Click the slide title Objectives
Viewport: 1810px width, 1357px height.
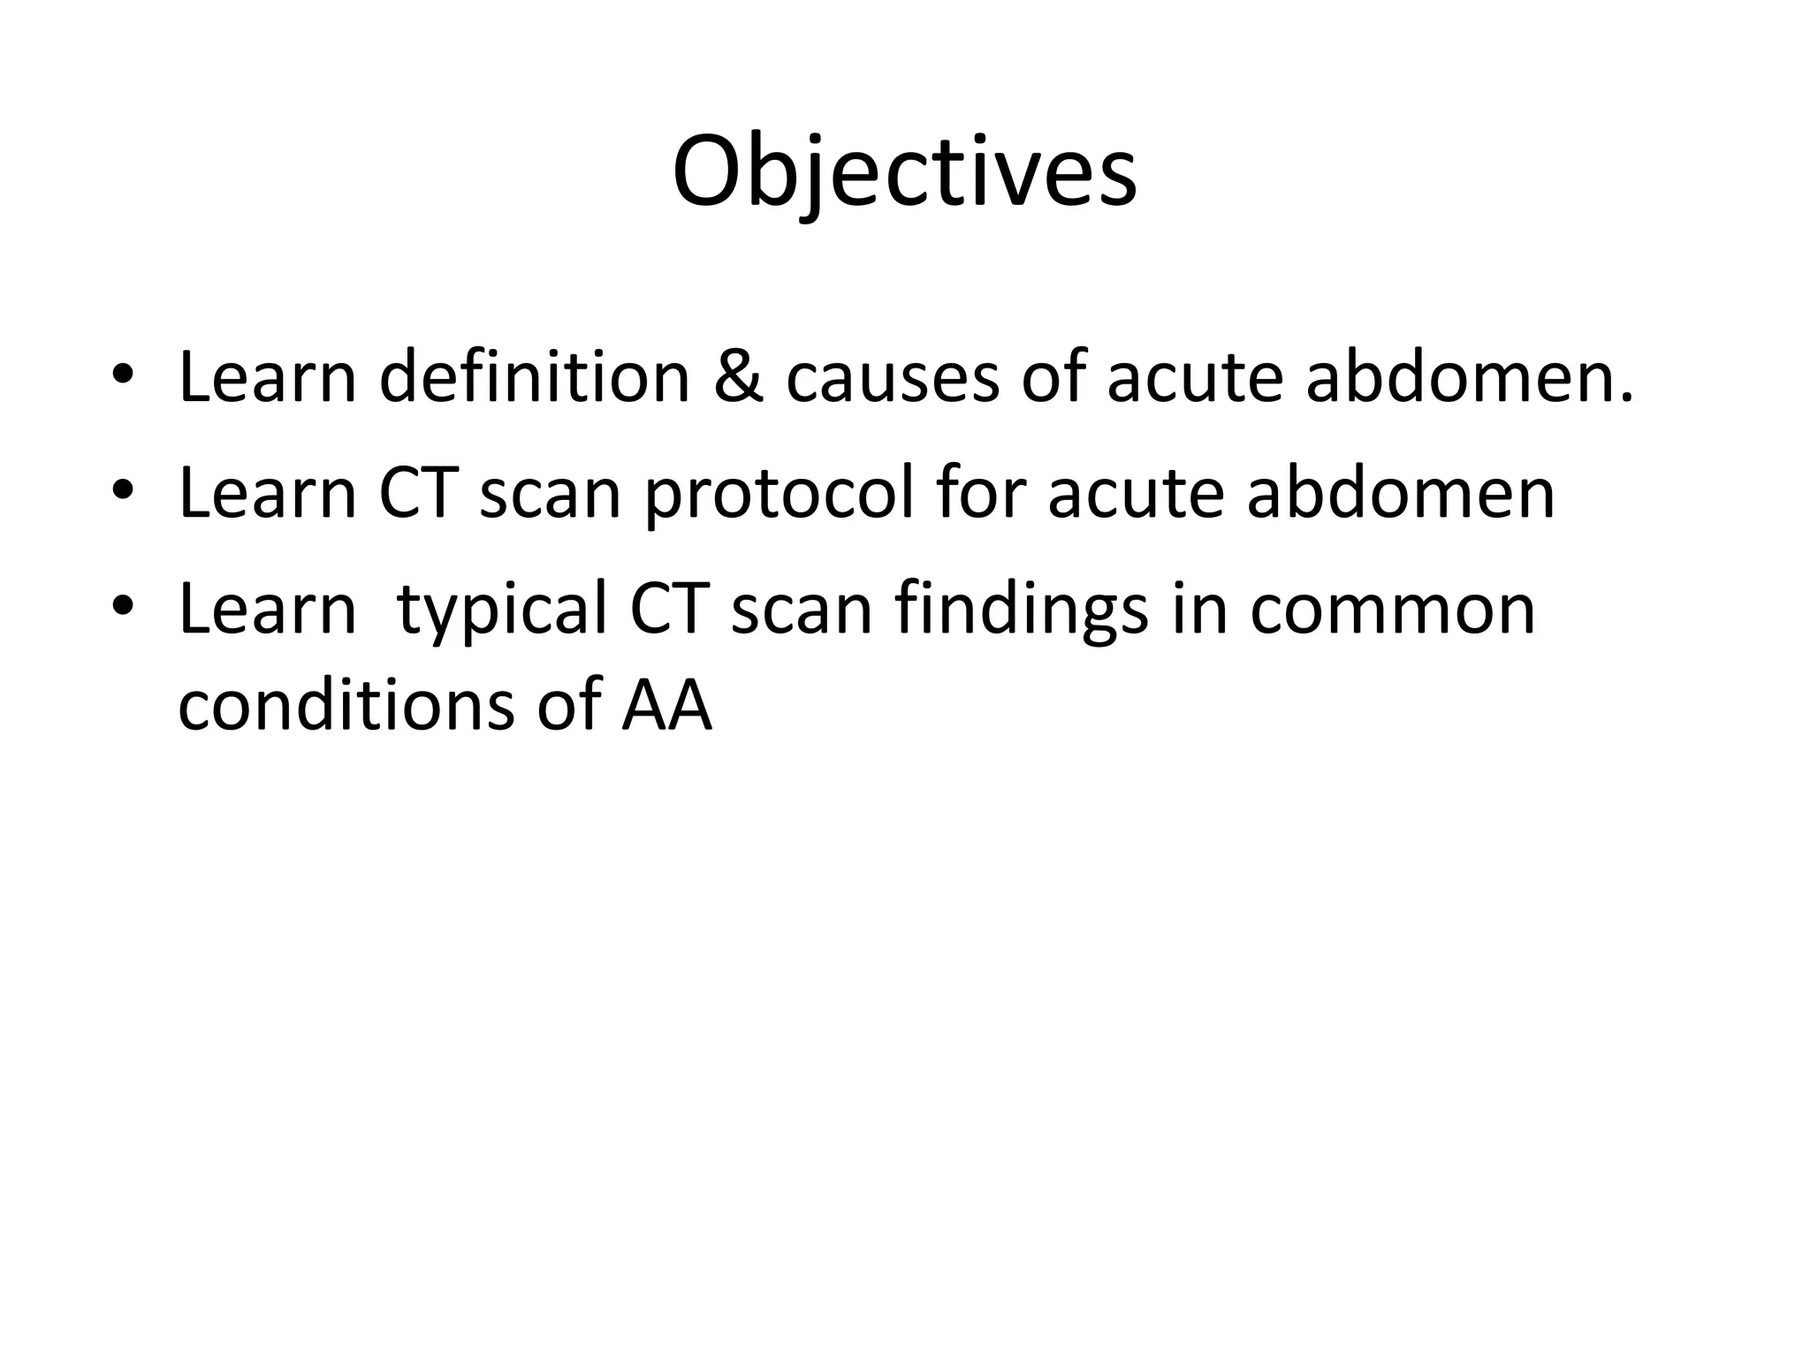904,172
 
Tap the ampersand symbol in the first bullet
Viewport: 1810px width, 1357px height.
738,377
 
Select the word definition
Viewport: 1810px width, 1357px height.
535,377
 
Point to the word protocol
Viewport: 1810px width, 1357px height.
779,495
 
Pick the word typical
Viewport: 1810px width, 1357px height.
502,611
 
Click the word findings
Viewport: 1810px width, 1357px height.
1021,611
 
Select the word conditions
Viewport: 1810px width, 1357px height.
346,705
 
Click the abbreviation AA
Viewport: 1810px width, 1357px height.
666,705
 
